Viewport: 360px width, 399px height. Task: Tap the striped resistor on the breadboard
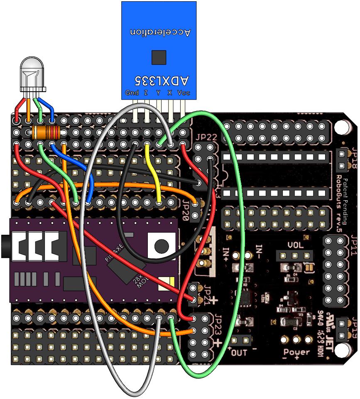coord(46,133)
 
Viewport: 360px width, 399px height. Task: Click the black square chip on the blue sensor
coord(159,57)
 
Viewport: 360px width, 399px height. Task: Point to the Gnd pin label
coord(132,92)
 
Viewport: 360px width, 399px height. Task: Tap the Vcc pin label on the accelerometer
coord(183,92)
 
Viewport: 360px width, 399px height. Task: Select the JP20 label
coord(186,209)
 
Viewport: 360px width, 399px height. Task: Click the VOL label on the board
coord(296,245)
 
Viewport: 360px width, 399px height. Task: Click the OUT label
coord(239,353)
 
